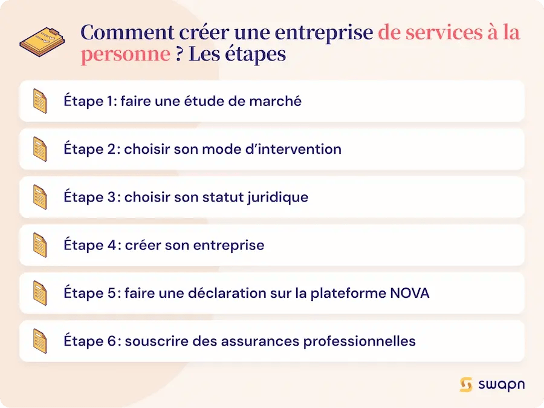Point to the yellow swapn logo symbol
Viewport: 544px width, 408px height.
coord(465,385)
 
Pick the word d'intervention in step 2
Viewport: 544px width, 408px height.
coord(296,149)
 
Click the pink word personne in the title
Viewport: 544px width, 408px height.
coord(125,54)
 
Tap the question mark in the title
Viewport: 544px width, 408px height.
coord(179,54)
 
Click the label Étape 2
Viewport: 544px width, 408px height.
coord(91,149)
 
